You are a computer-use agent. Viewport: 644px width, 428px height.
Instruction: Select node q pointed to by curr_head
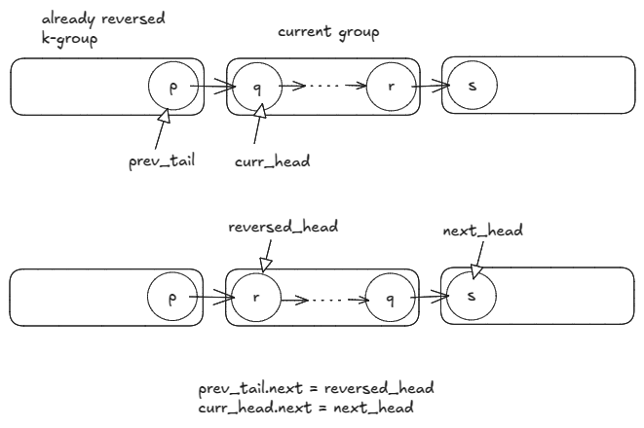[x=257, y=87]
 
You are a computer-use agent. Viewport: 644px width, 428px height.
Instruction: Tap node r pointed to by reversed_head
[x=256, y=299]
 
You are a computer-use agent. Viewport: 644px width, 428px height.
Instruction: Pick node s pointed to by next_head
[x=472, y=296]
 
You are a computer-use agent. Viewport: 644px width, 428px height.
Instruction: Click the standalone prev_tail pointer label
[x=162, y=161]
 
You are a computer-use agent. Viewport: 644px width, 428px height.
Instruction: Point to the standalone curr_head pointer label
[x=273, y=161]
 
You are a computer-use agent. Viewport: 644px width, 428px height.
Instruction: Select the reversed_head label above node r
[x=283, y=227]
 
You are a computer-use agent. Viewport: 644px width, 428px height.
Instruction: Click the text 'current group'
[x=328, y=32]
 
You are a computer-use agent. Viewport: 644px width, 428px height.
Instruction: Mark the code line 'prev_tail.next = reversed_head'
[x=316, y=388]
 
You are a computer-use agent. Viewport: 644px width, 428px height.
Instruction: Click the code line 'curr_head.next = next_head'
[x=305, y=407]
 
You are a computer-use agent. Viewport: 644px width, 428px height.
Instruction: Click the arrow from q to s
[x=427, y=299]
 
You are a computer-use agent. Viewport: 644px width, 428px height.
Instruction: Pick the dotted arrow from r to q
[x=322, y=299]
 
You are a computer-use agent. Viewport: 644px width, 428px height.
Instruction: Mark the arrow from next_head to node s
[x=477, y=258]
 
